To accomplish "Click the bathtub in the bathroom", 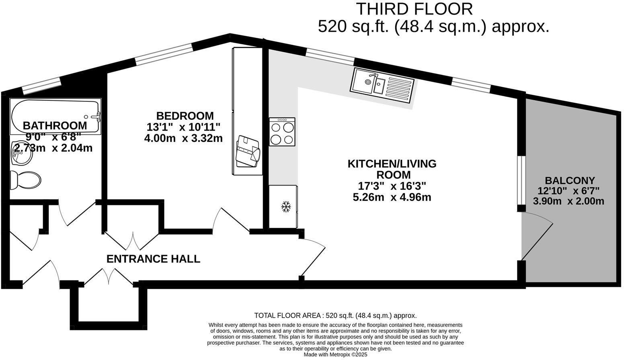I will pyautogui.click(x=55, y=117).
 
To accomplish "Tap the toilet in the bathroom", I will pyautogui.click(x=25, y=180).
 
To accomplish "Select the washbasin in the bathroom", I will pyautogui.click(x=21, y=153).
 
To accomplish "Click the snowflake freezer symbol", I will pyautogui.click(x=286, y=207).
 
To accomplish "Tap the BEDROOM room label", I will pyautogui.click(x=185, y=116).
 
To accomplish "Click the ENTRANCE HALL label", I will pyautogui.click(x=153, y=259).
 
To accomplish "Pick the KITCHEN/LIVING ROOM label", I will pyautogui.click(x=392, y=169).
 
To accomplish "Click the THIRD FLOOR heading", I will pyautogui.click(x=415, y=9).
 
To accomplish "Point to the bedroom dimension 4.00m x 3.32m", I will pyautogui.click(x=183, y=138).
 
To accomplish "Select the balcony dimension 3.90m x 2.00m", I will pyautogui.click(x=569, y=201).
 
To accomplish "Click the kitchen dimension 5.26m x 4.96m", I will pyautogui.click(x=392, y=197).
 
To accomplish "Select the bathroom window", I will pyautogui.click(x=41, y=85).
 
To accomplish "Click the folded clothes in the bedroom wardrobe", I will pyautogui.click(x=248, y=151).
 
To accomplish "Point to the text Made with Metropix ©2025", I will pyautogui.click(x=335, y=355).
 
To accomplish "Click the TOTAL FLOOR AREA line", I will pyautogui.click(x=335, y=315).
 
